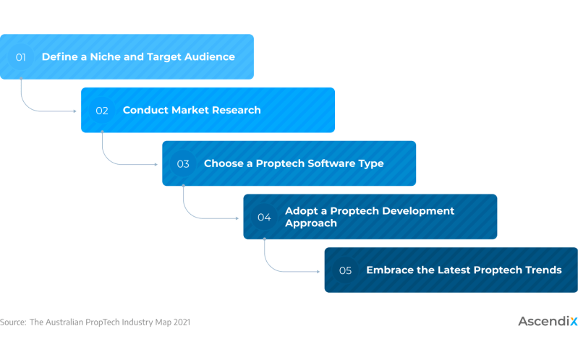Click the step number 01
click(x=21, y=56)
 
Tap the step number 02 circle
click(x=102, y=110)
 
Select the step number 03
click(x=183, y=163)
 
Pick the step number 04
click(x=264, y=217)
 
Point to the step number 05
click(x=345, y=270)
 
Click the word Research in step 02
click(x=236, y=110)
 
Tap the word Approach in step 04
click(x=311, y=223)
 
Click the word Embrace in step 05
click(x=390, y=270)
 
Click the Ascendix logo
click(x=547, y=321)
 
